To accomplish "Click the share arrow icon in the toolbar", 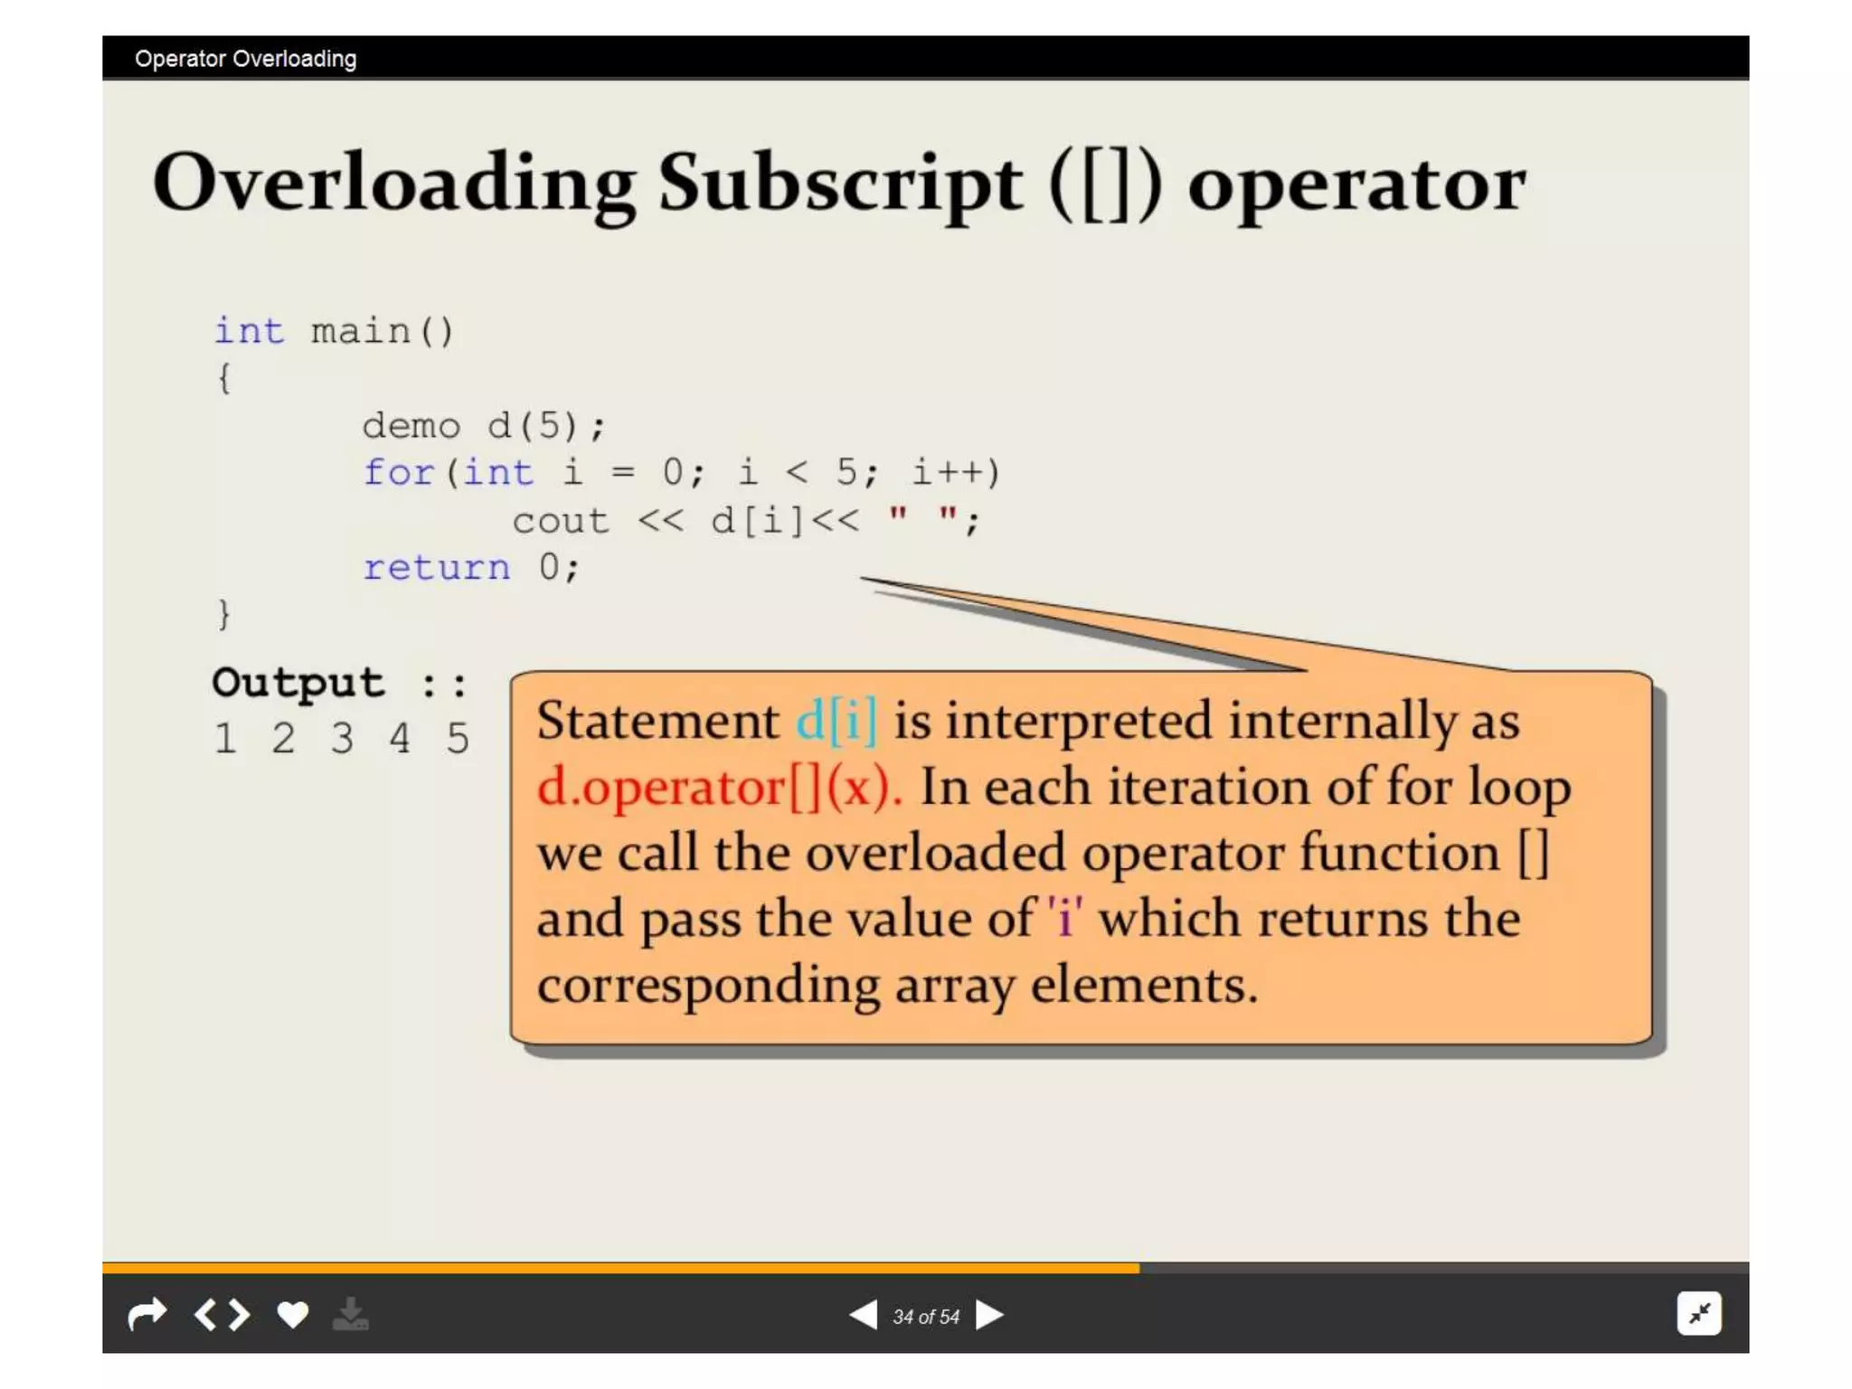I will pos(147,1314).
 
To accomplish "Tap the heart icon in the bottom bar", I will pos(292,1314).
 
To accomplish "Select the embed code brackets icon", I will pos(222,1314).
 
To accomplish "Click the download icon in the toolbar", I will pos(350,1314).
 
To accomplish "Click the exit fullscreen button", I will pos(1699,1313).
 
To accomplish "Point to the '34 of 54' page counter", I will pos(925,1317).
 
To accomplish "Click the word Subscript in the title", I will pos(840,184).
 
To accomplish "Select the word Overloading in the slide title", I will pos(394,184).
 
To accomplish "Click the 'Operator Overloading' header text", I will pos(245,59).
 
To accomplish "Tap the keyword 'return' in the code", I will pos(437,568).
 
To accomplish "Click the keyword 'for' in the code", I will pos(399,473).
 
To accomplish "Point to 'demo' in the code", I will pos(411,425).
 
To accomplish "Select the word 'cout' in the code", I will pos(561,521).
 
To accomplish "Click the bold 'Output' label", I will pos(298,683).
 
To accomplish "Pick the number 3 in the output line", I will pos(342,739).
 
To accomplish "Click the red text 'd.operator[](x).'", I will pos(719,787).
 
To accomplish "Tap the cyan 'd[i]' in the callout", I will pos(836,721).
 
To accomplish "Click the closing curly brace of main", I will pos(224,615).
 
